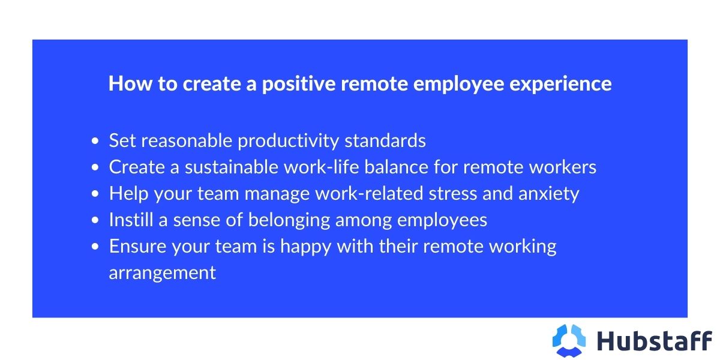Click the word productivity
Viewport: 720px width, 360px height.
click(289, 141)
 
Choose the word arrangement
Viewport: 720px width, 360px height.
click(162, 273)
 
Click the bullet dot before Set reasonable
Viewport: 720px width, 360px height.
click(95, 142)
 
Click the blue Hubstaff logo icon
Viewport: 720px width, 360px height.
click(569, 340)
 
